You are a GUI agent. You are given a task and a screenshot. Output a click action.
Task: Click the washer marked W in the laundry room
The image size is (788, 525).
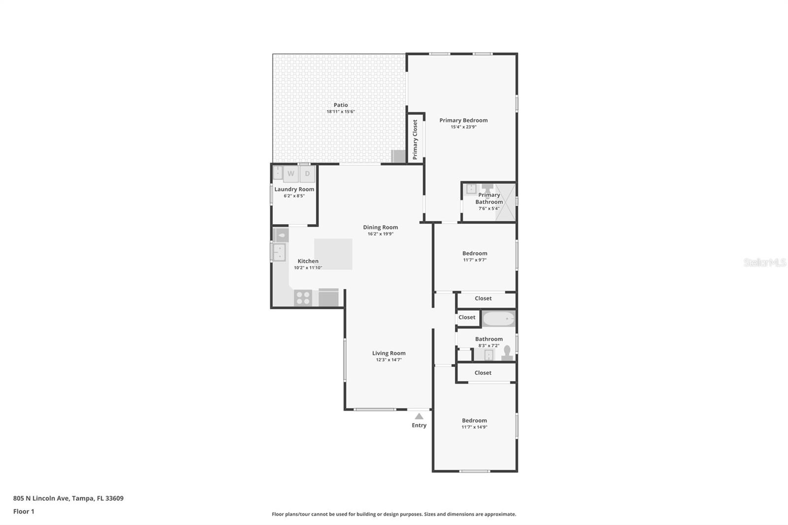[x=291, y=174]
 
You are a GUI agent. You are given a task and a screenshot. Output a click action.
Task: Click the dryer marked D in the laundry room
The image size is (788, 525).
[x=307, y=174]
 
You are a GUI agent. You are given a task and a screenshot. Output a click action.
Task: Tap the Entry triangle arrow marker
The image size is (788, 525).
[x=419, y=416]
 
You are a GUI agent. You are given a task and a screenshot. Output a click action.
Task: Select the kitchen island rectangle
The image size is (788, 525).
[x=333, y=254]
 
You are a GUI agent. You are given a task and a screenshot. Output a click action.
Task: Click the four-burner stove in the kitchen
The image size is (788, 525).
[x=303, y=298]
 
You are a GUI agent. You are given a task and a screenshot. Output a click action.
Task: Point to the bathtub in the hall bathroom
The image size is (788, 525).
[x=498, y=319]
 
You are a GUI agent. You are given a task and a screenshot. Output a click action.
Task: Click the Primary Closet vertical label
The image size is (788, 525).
[x=415, y=139]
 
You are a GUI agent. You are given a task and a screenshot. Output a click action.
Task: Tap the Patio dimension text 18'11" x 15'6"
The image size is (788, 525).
[x=341, y=112]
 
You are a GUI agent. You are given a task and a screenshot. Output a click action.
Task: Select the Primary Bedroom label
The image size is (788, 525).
[x=463, y=120]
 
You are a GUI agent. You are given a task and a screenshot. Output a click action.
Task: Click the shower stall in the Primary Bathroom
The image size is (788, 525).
[x=506, y=202]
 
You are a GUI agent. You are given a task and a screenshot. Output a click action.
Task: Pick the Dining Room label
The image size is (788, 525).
[x=380, y=227]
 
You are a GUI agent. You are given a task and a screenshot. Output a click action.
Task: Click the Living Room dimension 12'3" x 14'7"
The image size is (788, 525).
[x=389, y=360]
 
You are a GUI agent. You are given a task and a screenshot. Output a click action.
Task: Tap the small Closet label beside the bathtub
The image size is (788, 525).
[x=467, y=317]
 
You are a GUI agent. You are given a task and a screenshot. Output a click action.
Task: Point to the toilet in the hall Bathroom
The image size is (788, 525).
[x=507, y=353]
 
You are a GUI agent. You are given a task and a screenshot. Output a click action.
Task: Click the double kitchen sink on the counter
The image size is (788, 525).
[x=279, y=252]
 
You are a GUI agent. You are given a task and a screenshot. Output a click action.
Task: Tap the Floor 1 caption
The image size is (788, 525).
[x=24, y=511]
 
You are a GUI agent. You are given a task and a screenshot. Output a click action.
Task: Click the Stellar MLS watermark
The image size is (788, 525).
[x=764, y=262]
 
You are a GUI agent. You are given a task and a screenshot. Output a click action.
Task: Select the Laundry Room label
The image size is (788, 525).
[x=294, y=189]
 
